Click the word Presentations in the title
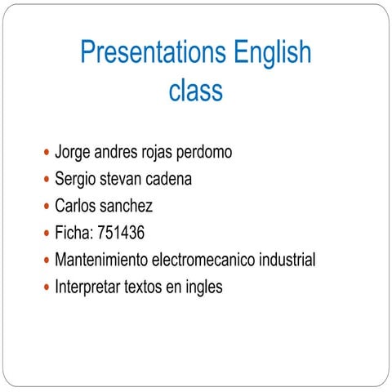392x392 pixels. (154, 54)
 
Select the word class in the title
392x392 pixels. (196, 90)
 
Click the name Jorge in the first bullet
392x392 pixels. (73, 153)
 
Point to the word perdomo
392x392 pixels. (204, 153)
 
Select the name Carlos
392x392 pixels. (75, 207)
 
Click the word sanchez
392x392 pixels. (127, 207)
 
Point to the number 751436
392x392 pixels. (121, 234)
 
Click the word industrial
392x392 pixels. (286, 261)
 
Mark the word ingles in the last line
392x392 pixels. (203, 287)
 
